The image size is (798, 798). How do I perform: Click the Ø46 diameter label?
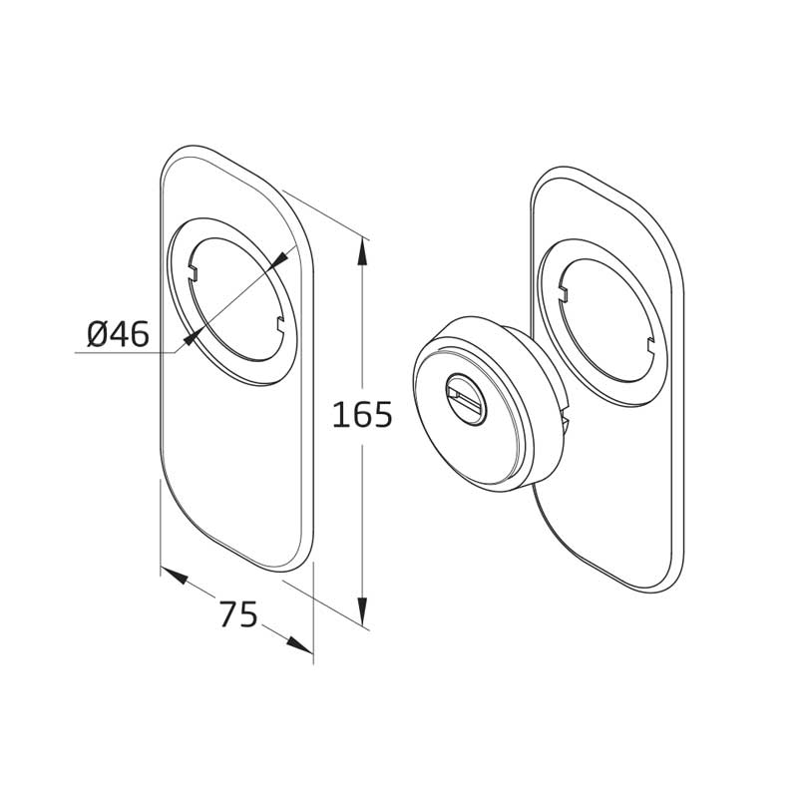tap(118, 334)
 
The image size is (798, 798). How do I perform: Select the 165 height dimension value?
tap(362, 414)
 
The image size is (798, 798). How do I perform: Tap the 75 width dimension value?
tap(238, 613)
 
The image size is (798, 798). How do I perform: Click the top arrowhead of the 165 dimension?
tap(362, 252)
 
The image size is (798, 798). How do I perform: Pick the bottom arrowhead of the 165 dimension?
tap(362, 610)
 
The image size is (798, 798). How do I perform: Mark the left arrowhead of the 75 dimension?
tap(175, 576)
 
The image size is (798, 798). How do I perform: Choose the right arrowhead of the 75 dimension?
tap(299, 644)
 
